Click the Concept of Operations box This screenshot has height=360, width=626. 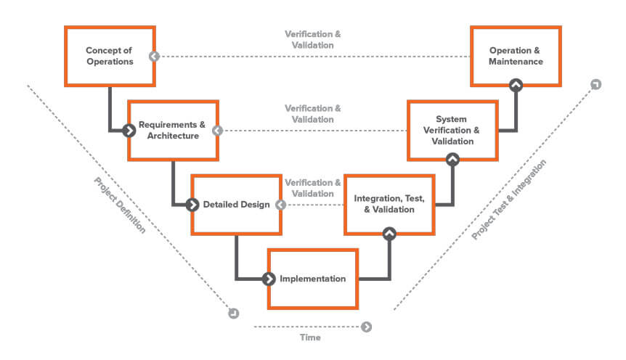110,57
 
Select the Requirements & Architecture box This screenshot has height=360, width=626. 173,130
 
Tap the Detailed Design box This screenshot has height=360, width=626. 236,205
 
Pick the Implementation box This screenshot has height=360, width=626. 313,279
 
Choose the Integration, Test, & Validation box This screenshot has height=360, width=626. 389,204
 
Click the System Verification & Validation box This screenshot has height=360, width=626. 452,130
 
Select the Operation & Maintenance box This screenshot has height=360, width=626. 516,57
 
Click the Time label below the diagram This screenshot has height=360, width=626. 310,337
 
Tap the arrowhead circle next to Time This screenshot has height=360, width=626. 366,327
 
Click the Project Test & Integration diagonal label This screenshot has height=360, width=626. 509,200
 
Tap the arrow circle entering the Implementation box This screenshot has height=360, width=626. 269,279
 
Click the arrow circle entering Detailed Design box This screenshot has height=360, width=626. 192,205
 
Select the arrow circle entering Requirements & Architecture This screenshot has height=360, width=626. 129,131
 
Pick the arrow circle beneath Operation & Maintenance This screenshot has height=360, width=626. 516,86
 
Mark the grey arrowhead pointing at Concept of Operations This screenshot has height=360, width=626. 154,57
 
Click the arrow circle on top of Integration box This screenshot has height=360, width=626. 389,233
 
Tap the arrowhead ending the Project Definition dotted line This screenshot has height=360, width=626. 233,313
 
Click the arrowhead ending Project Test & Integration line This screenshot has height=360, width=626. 595,85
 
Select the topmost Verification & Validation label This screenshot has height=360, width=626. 312,39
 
